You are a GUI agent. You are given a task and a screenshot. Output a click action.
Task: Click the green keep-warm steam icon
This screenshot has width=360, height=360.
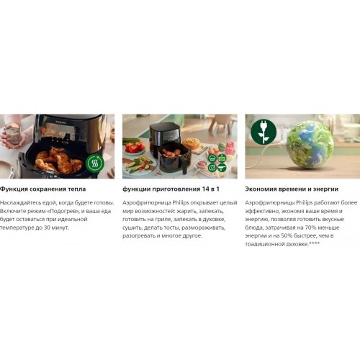pos(95,163)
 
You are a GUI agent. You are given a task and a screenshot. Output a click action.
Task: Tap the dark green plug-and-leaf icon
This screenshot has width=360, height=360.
pos(264,132)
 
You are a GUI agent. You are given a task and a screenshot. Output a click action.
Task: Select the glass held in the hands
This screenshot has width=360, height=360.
pos(14,135)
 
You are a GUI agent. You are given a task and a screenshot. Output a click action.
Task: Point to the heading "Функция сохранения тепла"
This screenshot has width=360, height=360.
pos(42,189)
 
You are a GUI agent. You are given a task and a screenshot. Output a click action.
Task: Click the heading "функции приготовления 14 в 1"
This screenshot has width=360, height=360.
pos(171,189)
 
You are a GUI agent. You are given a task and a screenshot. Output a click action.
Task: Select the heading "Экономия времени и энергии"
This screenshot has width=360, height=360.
pos(292,189)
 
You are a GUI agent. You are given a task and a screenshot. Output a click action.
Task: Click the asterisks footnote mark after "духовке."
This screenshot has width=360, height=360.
pos(315,243)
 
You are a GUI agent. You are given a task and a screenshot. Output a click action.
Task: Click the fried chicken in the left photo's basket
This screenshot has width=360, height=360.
pos(58,160)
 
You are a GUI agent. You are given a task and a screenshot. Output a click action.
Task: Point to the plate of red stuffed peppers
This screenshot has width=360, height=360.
pos(134,148)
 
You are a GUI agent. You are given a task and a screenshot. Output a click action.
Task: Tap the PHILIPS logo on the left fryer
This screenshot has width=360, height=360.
pos(60,122)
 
